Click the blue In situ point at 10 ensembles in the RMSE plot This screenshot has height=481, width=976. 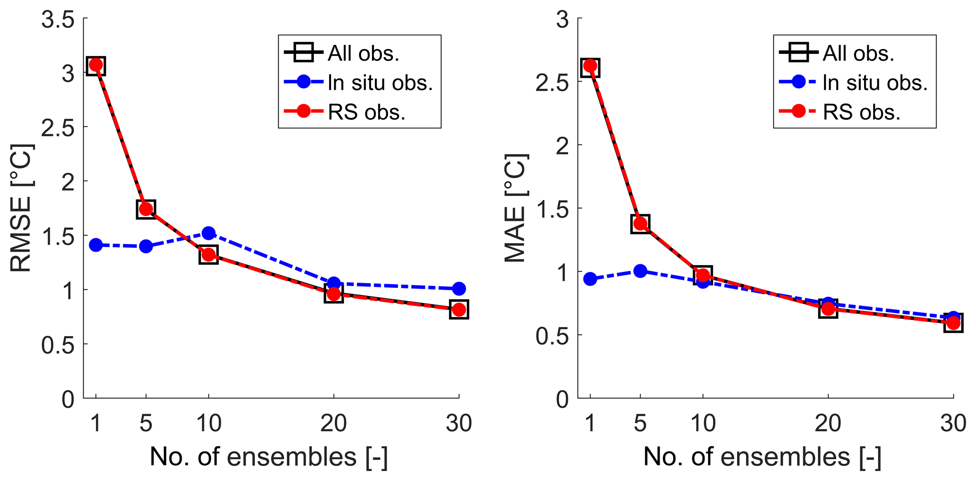pyautogui.click(x=209, y=233)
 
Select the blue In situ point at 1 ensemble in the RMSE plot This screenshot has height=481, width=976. pyautogui.click(x=96, y=245)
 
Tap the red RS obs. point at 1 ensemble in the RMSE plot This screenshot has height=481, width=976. pyautogui.click(x=96, y=65)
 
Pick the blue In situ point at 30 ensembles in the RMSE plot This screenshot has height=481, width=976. pyautogui.click(x=459, y=288)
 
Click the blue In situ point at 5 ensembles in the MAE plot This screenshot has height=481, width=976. pyautogui.click(x=640, y=271)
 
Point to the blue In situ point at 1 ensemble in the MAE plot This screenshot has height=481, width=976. pyautogui.click(x=590, y=279)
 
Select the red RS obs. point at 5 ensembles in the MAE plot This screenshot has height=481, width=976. pyautogui.click(x=640, y=224)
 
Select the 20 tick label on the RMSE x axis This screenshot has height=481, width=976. pyautogui.click(x=333, y=423)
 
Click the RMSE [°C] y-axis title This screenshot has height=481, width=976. pyautogui.click(x=21, y=208)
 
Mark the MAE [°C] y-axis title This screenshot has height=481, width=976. pyautogui.click(x=516, y=208)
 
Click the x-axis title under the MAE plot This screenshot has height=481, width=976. pyautogui.click(x=762, y=457)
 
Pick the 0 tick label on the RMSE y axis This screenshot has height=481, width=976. pyautogui.click(x=68, y=399)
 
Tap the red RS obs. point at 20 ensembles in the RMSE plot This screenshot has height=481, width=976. pyautogui.click(x=333, y=295)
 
